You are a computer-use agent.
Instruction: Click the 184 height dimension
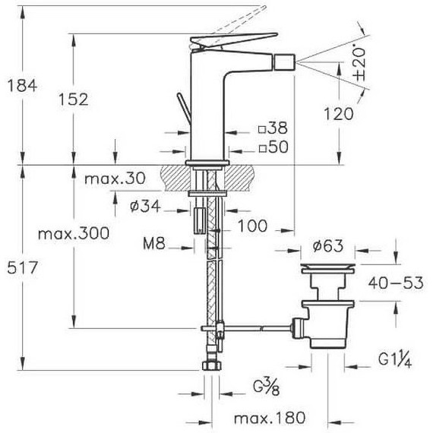[x=22, y=85]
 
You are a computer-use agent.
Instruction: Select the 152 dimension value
[x=74, y=100]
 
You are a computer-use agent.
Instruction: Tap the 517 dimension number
[x=22, y=267]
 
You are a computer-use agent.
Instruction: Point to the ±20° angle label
[x=360, y=64]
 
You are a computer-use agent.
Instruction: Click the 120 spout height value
[x=338, y=114]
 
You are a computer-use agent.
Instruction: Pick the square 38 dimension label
[x=273, y=128]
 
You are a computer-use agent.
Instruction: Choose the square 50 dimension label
[x=273, y=147]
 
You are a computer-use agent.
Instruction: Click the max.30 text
[x=115, y=179]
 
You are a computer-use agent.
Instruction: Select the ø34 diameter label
[x=145, y=206]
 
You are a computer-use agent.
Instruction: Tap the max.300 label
[x=74, y=234]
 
